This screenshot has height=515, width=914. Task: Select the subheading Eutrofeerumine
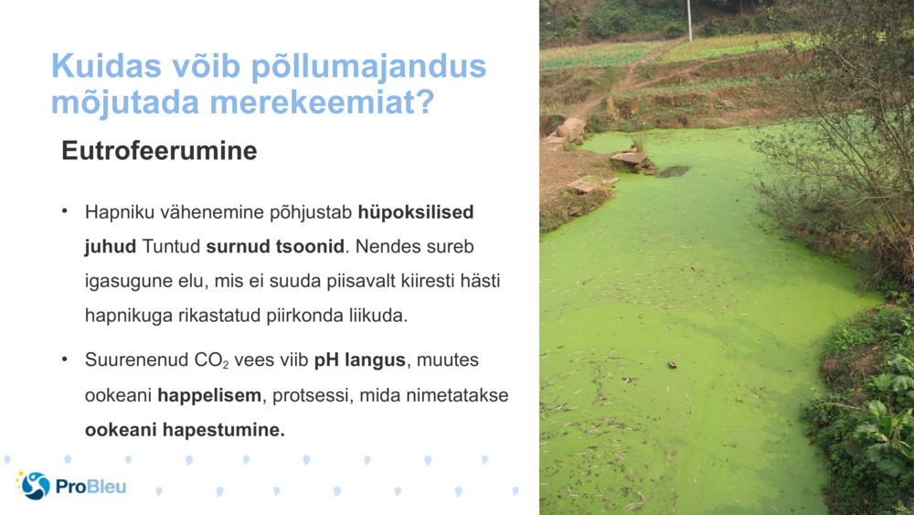click(x=159, y=152)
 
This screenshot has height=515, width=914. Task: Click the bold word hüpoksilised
click(x=416, y=212)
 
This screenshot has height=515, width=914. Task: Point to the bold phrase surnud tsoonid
click(x=275, y=247)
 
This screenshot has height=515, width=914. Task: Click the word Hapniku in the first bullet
click(x=116, y=212)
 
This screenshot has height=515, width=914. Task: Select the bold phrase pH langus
click(x=359, y=359)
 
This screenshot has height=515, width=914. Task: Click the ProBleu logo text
click(x=90, y=486)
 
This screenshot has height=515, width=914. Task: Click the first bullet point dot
click(x=66, y=211)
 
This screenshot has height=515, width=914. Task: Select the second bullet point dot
click(x=66, y=359)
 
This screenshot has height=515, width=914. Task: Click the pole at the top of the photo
click(x=689, y=20)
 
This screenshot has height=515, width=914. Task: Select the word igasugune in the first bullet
click(x=122, y=282)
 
